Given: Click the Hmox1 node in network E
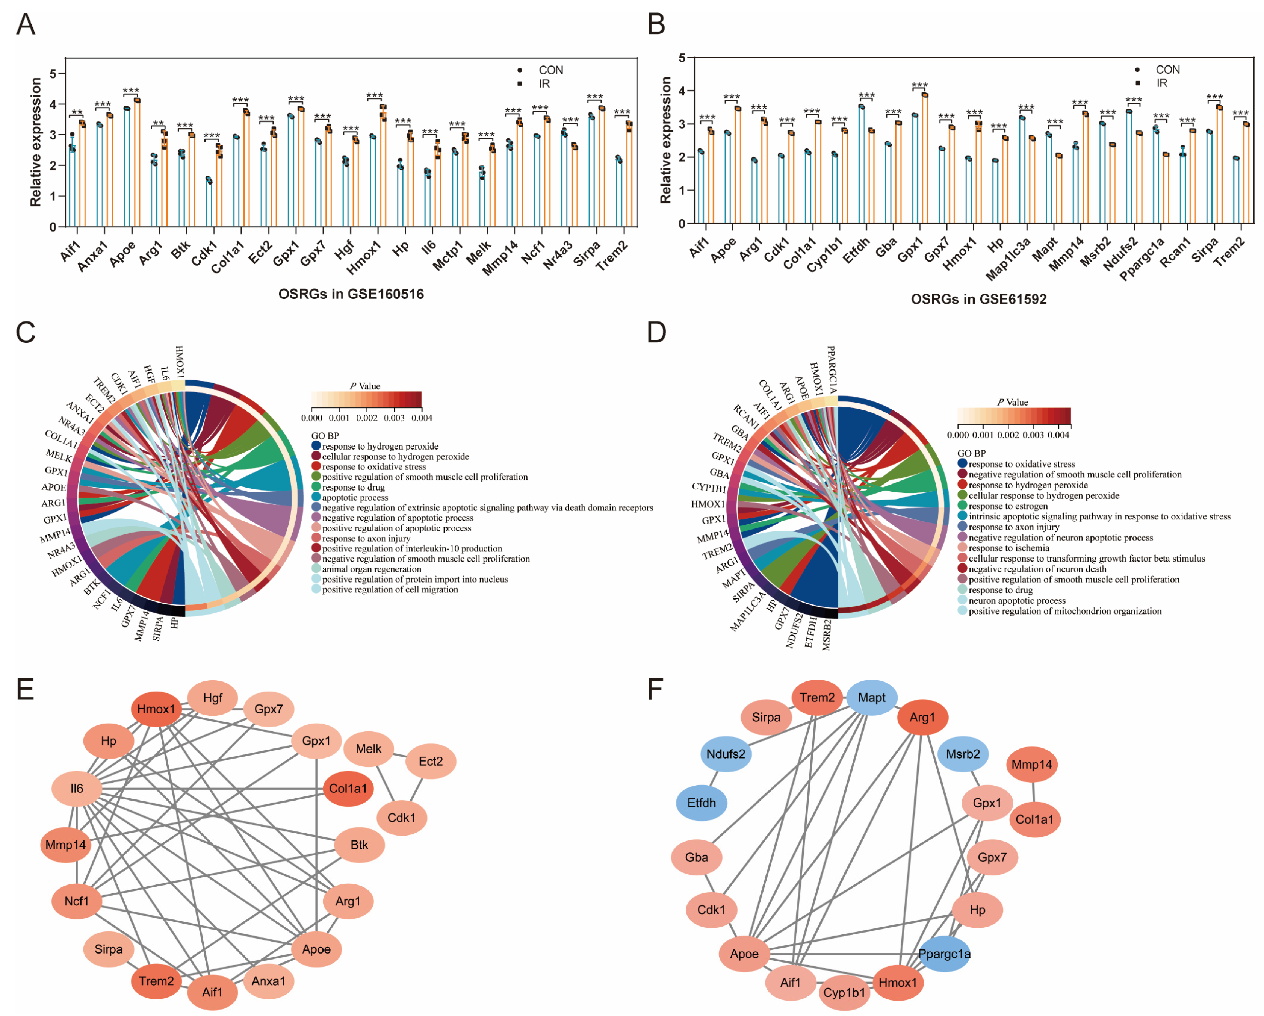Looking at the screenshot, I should [x=156, y=709].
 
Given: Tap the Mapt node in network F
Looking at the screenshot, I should [x=871, y=698].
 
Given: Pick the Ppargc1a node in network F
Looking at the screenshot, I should [x=944, y=954].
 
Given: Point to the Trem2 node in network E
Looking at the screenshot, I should [x=156, y=981].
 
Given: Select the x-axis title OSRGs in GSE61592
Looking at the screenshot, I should [x=978, y=299].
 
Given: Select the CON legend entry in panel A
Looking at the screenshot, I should [x=550, y=70].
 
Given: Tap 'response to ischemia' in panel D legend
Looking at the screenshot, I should [x=1008, y=548].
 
